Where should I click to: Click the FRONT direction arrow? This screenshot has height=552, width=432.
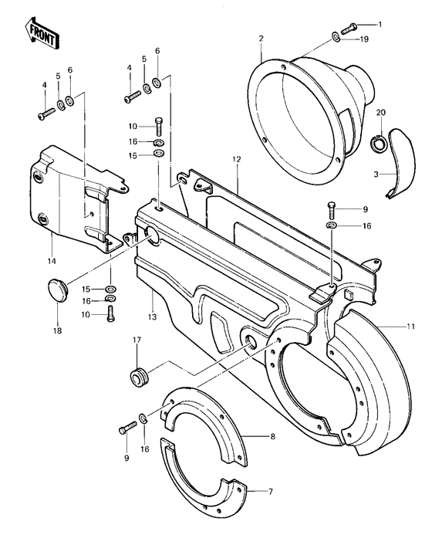[x=39, y=32]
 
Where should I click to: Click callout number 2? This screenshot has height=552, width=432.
[x=262, y=39]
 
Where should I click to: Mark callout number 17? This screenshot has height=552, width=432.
[x=137, y=340]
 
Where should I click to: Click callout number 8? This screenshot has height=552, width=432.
[x=272, y=437]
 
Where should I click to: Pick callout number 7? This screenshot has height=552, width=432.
[x=271, y=490]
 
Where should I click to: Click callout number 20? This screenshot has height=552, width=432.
[x=380, y=113]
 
